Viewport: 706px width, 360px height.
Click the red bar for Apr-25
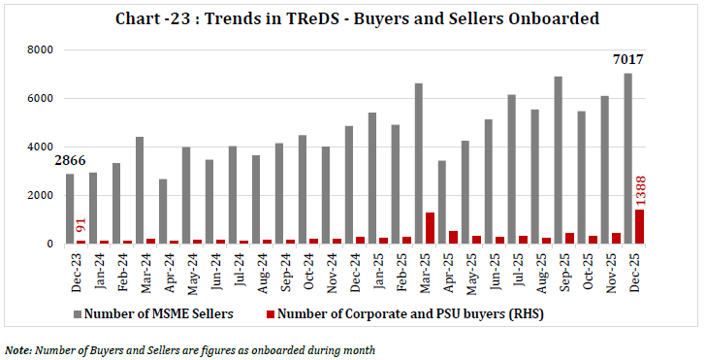point(453,237)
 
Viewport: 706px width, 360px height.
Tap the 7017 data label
point(627,60)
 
